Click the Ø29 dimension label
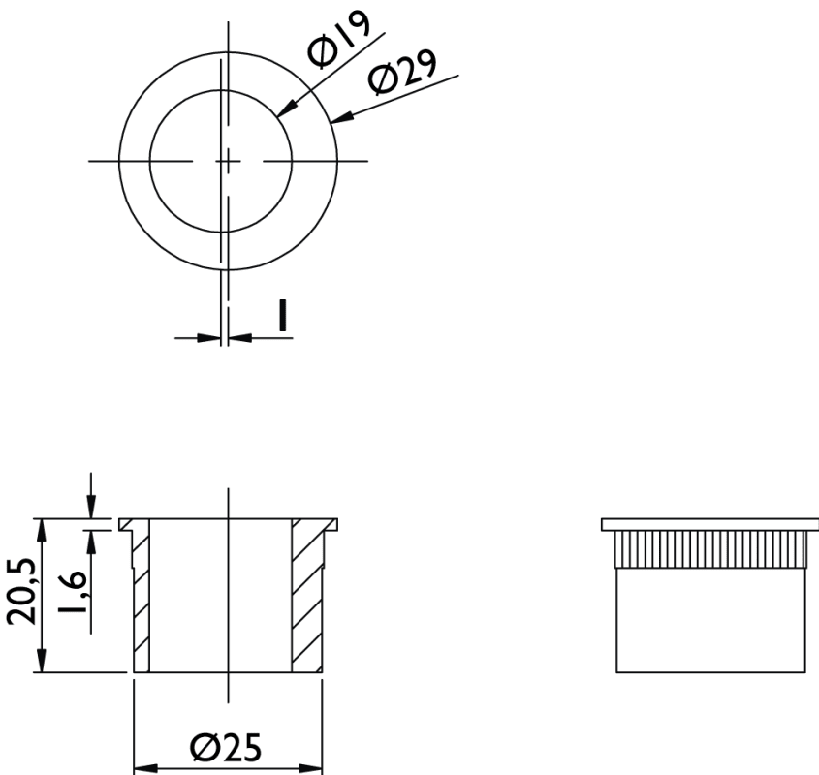tap(402, 72)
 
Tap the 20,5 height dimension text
tap(22, 591)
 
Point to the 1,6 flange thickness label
tap(72, 592)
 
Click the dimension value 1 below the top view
tap(283, 316)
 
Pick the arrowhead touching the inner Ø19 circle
tap(287, 108)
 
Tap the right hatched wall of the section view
tap(307, 601)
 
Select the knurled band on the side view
tap(710, 549)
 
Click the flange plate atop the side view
tap(710, 525)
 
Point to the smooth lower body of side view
tap(710, 620)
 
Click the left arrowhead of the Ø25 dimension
tap(145, 769)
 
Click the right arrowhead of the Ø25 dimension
tap(311, 769)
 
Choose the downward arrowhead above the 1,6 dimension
tap(91, 507)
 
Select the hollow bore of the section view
tap(220, 596)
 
